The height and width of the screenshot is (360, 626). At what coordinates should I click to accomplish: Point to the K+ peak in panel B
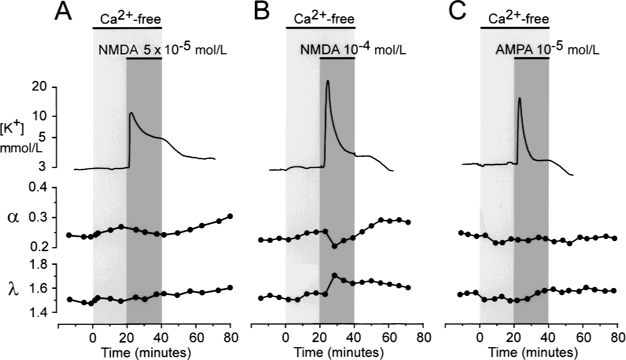coord(328,81)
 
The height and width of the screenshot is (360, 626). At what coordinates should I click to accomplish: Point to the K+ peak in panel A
coord(131,113)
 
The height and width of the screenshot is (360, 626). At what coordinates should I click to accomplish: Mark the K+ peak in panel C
coord(519,98)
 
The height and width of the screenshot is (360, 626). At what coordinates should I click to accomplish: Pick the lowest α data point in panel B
coord(335,246)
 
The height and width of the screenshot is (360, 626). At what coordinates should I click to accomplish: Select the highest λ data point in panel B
coord(335,275)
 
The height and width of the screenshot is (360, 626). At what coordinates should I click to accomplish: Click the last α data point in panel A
coord(230,216)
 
